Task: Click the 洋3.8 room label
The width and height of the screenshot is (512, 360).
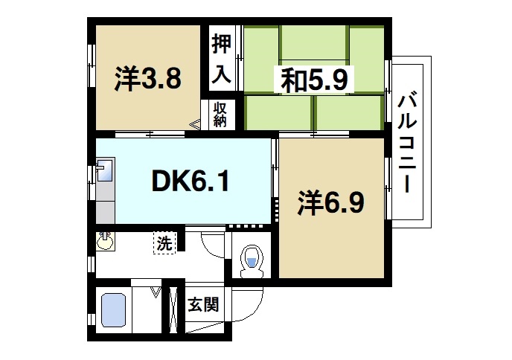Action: [147, 78]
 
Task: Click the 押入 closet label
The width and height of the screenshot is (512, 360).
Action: [220, 57]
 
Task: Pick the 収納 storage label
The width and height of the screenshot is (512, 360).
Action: [220, 115]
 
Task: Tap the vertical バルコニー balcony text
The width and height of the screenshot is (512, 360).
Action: [407, 142]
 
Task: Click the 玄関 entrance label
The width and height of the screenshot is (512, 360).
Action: [202, 305]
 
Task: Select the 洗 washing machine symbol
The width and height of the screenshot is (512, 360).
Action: [163, 242]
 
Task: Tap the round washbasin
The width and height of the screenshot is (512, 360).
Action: [105, 242]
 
